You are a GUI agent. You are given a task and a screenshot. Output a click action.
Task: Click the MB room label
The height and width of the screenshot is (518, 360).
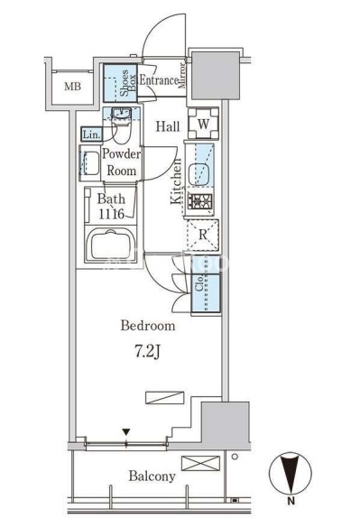tap(73, 87)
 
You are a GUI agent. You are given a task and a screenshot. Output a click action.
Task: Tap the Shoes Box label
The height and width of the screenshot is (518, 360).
tap(128, 83)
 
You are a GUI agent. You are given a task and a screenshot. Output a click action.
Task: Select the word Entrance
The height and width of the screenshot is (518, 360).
tap(159, 80)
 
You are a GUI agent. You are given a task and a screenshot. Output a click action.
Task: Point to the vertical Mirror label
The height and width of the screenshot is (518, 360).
tap(182, 76)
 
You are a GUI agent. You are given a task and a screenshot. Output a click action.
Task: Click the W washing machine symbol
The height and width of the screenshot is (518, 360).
tap(203, 124)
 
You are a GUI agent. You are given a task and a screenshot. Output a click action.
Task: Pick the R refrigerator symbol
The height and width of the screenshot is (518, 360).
tap(203, 235)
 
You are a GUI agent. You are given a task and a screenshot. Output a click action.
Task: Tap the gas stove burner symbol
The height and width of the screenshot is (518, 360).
tap(199, 200)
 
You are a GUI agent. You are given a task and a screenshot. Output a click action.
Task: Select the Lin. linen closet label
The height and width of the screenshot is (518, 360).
tap(91, 134)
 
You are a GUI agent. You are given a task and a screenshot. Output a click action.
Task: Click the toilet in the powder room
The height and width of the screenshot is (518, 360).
tap(121, 125)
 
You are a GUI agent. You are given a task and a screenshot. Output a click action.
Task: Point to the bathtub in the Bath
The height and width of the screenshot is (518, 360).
tap(111, 245)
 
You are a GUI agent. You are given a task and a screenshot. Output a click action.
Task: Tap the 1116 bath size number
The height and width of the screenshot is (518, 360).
tap(111, 215)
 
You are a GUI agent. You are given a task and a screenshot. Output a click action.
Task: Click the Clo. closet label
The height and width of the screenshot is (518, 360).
tap(198, 285)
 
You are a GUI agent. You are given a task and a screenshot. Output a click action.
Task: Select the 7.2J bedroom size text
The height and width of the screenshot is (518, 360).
tap(147, 352)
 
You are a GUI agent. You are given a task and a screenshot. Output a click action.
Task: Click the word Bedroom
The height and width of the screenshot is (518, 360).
tap(148, 326)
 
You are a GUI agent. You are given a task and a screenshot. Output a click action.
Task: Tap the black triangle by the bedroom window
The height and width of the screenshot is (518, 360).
tap(126, 432)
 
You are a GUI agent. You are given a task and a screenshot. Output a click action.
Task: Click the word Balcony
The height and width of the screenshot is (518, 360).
tap(152, 476)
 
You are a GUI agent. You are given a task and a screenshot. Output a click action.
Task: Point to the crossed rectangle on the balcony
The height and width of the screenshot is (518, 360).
tap(200, 463)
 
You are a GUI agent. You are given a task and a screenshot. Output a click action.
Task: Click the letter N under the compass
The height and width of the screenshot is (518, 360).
tap(291, 501)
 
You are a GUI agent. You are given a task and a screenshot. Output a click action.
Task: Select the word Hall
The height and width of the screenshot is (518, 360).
tap(168, 126)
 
